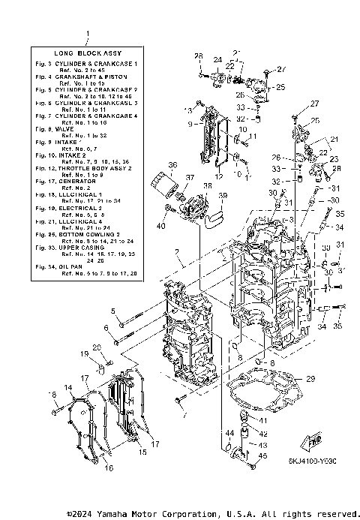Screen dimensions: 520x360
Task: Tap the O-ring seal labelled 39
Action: [x=214, y=218]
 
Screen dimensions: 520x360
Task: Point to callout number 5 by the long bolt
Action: [x=114, y=311]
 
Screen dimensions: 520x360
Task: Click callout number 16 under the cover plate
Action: [x=109, y=468]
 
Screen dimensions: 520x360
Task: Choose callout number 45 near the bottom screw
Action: [x=262, y=456]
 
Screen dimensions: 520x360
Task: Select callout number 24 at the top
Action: [x=217, y=60]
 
